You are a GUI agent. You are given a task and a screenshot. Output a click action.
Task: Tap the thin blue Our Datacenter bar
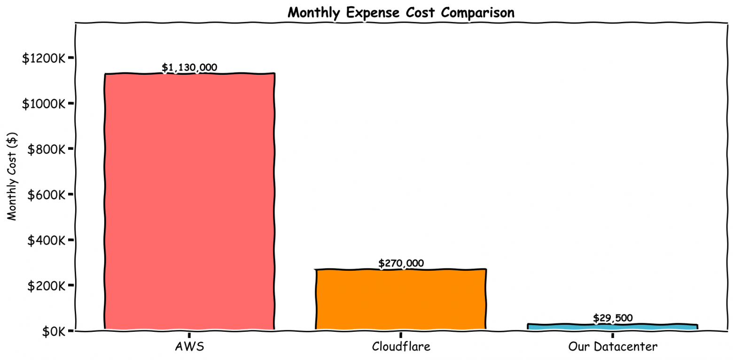click(x=612, y=326)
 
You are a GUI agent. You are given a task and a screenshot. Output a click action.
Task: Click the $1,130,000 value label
click(x=189, y=68)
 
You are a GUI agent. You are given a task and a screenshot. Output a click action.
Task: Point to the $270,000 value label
click(x=401, y=263)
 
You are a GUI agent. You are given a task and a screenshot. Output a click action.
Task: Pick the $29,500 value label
click(x=612, y=318)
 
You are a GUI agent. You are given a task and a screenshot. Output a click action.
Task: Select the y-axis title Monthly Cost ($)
click(x=13, y=177)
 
